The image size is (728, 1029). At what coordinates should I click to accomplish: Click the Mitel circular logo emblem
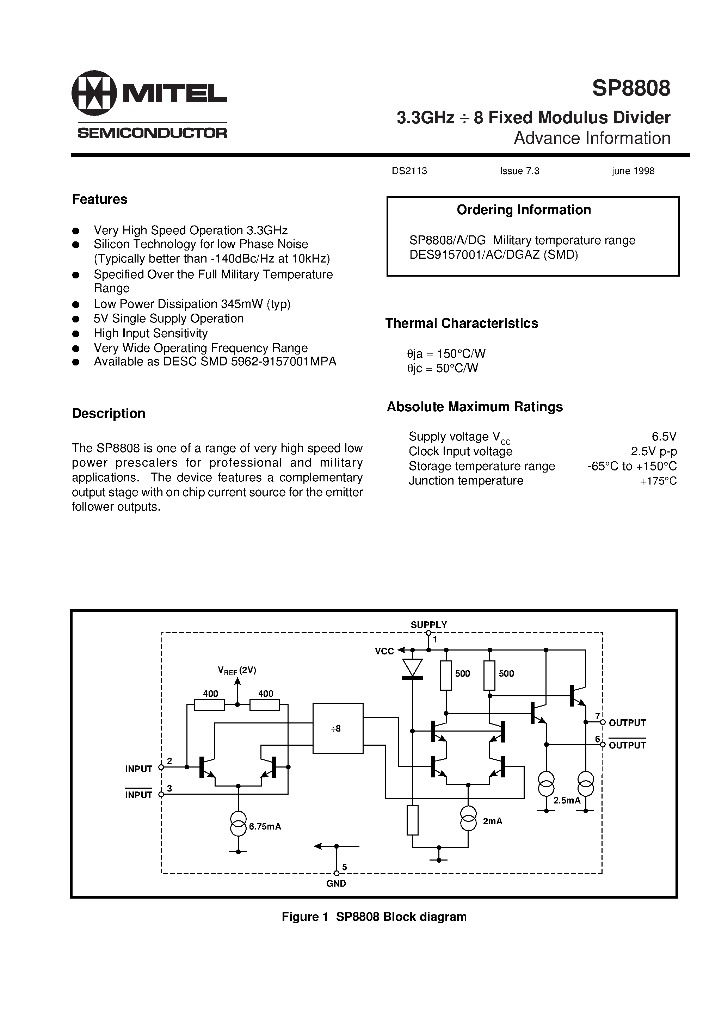[x=94, y=93]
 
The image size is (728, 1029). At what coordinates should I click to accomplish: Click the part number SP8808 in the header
[x=631, y=88]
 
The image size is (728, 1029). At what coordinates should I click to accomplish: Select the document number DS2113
[x=409, y=171]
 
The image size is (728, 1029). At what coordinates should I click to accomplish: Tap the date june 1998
[x=633, y=171]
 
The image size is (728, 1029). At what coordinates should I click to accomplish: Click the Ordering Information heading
[x=524, y=210]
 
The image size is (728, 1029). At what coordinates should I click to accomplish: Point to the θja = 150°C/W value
[x=446, y=353]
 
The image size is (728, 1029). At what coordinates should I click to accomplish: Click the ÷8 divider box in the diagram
[x=338, y=728]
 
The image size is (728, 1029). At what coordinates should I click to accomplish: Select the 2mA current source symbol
[x=468, y=818]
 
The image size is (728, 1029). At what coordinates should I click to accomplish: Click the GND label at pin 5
[x=336, y=883]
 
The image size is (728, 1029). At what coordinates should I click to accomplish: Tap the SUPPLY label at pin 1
[x=428, y=625]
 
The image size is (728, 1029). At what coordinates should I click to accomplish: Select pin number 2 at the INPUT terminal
[x=169, y=760]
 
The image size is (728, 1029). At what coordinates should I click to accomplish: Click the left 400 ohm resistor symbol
[x=209, y=705]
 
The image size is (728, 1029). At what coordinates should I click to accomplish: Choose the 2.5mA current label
[x=567, y=800]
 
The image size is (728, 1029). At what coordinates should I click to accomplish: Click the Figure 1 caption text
[x=374, y=917]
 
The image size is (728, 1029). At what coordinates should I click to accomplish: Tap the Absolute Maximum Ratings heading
[x=475, y=407]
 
